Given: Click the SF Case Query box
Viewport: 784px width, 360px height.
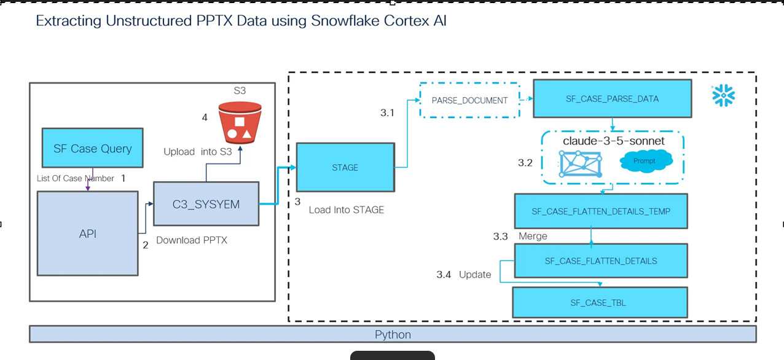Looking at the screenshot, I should (x=92, y=148).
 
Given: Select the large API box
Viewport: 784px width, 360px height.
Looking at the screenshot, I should (x=87, y=233).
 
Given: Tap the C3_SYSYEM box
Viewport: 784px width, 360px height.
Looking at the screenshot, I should (x=206, y=204).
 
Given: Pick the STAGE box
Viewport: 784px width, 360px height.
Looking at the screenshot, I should (x=345, y=167).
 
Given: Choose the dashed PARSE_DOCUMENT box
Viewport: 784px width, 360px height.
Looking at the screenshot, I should (x=469, y=100).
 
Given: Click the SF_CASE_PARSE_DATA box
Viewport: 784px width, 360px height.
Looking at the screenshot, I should (x=612, y=98).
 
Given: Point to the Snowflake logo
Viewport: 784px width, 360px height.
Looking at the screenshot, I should (x=723, y=96).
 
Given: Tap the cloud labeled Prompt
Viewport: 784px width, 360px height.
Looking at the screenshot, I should (x=645, y=161).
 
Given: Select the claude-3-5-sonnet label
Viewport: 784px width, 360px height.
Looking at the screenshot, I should (x=613, y=141).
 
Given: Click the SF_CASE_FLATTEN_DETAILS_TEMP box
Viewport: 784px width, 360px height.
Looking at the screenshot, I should (x=600, y=211).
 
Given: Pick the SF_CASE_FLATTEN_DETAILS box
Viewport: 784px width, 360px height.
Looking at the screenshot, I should (x=600, y=261).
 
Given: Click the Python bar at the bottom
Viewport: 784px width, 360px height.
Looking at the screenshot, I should (x=393, y=334).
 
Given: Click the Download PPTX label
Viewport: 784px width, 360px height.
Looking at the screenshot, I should (x=192, y=240).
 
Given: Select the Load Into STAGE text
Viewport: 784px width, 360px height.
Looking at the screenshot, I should (x=346, y=209).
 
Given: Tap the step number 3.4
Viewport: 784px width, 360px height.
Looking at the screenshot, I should (x=444, y=275).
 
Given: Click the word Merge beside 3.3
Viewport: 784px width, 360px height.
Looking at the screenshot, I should (x=533, y=236).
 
